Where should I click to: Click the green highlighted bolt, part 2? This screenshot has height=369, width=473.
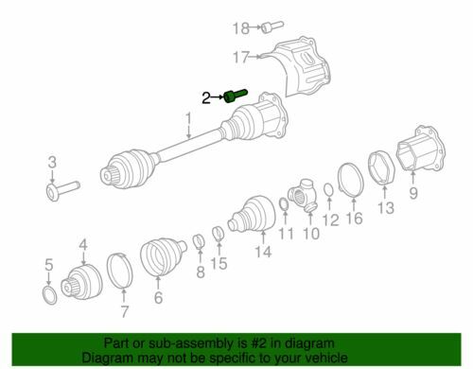(236, 96)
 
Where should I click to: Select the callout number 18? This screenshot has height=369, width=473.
(241, 28)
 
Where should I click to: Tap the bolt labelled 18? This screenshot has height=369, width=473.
(272, 26)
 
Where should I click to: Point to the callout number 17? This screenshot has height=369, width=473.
(241, 57)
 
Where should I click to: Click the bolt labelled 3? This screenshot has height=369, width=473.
(62, 189)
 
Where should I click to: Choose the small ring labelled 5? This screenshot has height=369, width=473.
(49, 295)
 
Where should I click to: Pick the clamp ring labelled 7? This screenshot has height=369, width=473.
(120, 271)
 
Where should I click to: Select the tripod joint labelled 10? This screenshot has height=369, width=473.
(303, 196)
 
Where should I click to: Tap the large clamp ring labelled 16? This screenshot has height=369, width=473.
(351, 181)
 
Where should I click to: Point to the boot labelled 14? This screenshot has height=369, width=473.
(252, 215)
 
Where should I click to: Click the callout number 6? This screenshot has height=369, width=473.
(158, 298)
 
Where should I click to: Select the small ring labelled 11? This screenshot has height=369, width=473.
(285, 205)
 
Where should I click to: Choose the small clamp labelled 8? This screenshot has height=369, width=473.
(199, 241)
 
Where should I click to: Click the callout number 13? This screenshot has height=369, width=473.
(386, 208)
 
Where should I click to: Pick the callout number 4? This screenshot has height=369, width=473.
(83, 245)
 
